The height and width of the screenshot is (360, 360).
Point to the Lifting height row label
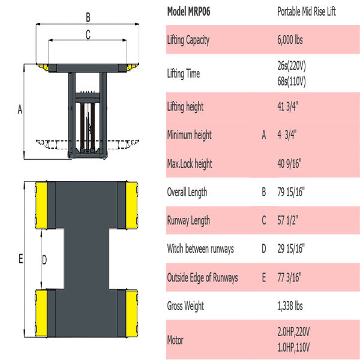(x=185, y=107)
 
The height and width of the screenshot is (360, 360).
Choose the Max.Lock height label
(x=190, y=164)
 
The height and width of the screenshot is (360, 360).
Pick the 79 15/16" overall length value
(x=291, y=192)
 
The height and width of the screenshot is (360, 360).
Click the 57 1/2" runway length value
(x=287, y=220)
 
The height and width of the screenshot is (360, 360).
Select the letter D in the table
(x=263, y=248)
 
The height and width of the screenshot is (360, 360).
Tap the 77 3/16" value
(x=289, y=277)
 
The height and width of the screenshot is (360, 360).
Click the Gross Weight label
(x=185, y=306)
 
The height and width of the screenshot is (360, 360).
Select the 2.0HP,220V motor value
(x=294, y=332)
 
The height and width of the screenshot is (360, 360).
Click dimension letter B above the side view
(x=88, y=16)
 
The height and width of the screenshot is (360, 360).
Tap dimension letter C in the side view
(x=88, y=35)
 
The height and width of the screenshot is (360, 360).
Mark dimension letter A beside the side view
(x=19, y=110)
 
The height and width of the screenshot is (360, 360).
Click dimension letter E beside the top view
(x=20, y=259)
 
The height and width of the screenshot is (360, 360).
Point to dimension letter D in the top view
(x=43, y=259)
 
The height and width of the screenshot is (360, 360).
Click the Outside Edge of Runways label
(x=202, y=277)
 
